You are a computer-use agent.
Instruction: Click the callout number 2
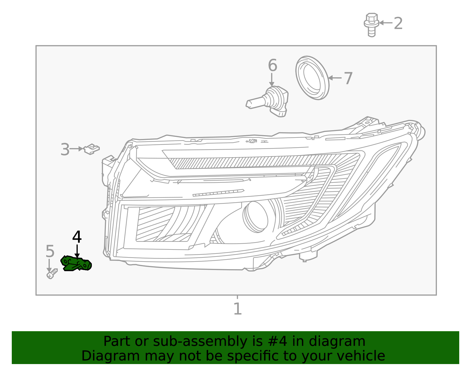pos(398,23)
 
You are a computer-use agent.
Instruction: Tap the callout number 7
pos(348,78)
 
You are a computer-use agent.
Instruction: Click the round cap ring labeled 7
pos(312,78)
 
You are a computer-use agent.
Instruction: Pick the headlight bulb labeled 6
pos(269,101)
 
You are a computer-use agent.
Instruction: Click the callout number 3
pos(65,149)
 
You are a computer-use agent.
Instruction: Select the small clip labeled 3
pos(92,149)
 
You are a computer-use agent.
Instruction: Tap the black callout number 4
pos(77,237)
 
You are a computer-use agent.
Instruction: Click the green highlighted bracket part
pos(76,263)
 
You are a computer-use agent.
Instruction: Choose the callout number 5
pos(50,252)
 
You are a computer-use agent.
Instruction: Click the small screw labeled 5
pos(52,274)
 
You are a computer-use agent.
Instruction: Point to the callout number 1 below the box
pos(237,309)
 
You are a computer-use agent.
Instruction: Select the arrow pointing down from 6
pos(271,80)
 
